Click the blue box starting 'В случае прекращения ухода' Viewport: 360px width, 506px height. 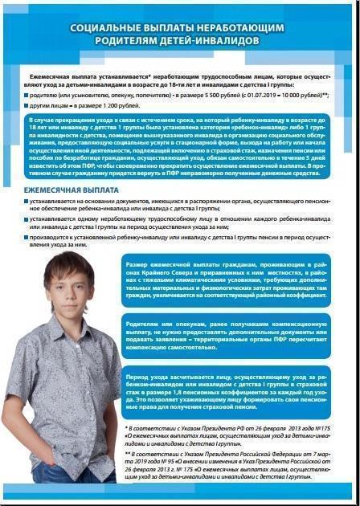[180, 149]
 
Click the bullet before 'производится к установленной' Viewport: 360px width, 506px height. [25, 238]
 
